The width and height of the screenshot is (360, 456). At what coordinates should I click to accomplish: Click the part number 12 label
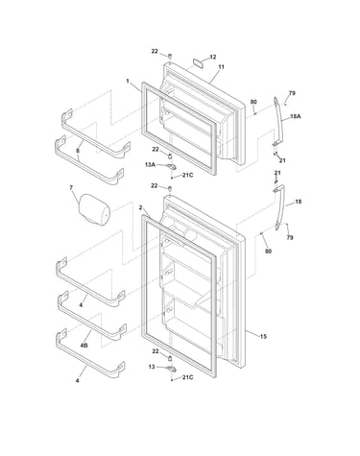click(x=213, y=57)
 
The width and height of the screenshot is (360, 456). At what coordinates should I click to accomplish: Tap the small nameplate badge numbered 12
click(x=199, y=61)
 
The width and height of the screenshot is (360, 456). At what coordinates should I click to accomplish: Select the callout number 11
click(x=221, y=67)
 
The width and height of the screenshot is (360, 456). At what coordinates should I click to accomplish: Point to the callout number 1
click(x=128, y=81)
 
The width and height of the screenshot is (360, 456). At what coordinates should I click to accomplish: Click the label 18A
click(x=296, y=116)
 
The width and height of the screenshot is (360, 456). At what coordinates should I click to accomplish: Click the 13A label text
click(x=150, y=164)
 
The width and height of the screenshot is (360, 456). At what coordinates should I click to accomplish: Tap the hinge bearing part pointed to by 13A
click(x=172, y=166)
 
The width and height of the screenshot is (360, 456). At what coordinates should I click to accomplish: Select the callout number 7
click(x=71, y=188)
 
